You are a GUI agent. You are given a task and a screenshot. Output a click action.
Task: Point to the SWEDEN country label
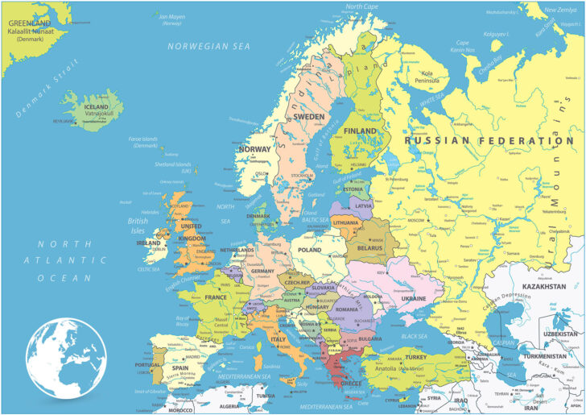[x=308, y=117]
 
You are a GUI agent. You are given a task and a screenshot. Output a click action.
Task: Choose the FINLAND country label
[x=360, y=131]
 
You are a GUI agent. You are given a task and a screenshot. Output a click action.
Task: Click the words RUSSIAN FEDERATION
[x=489, y=140]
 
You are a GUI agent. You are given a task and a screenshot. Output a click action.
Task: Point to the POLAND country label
[x=310, y=251]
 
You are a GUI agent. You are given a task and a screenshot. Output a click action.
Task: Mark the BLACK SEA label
[x=414, y=336]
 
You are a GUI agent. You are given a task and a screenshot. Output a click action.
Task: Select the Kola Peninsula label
[x=427, y=77]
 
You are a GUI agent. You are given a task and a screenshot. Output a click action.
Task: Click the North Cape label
[x=362, y=6]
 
